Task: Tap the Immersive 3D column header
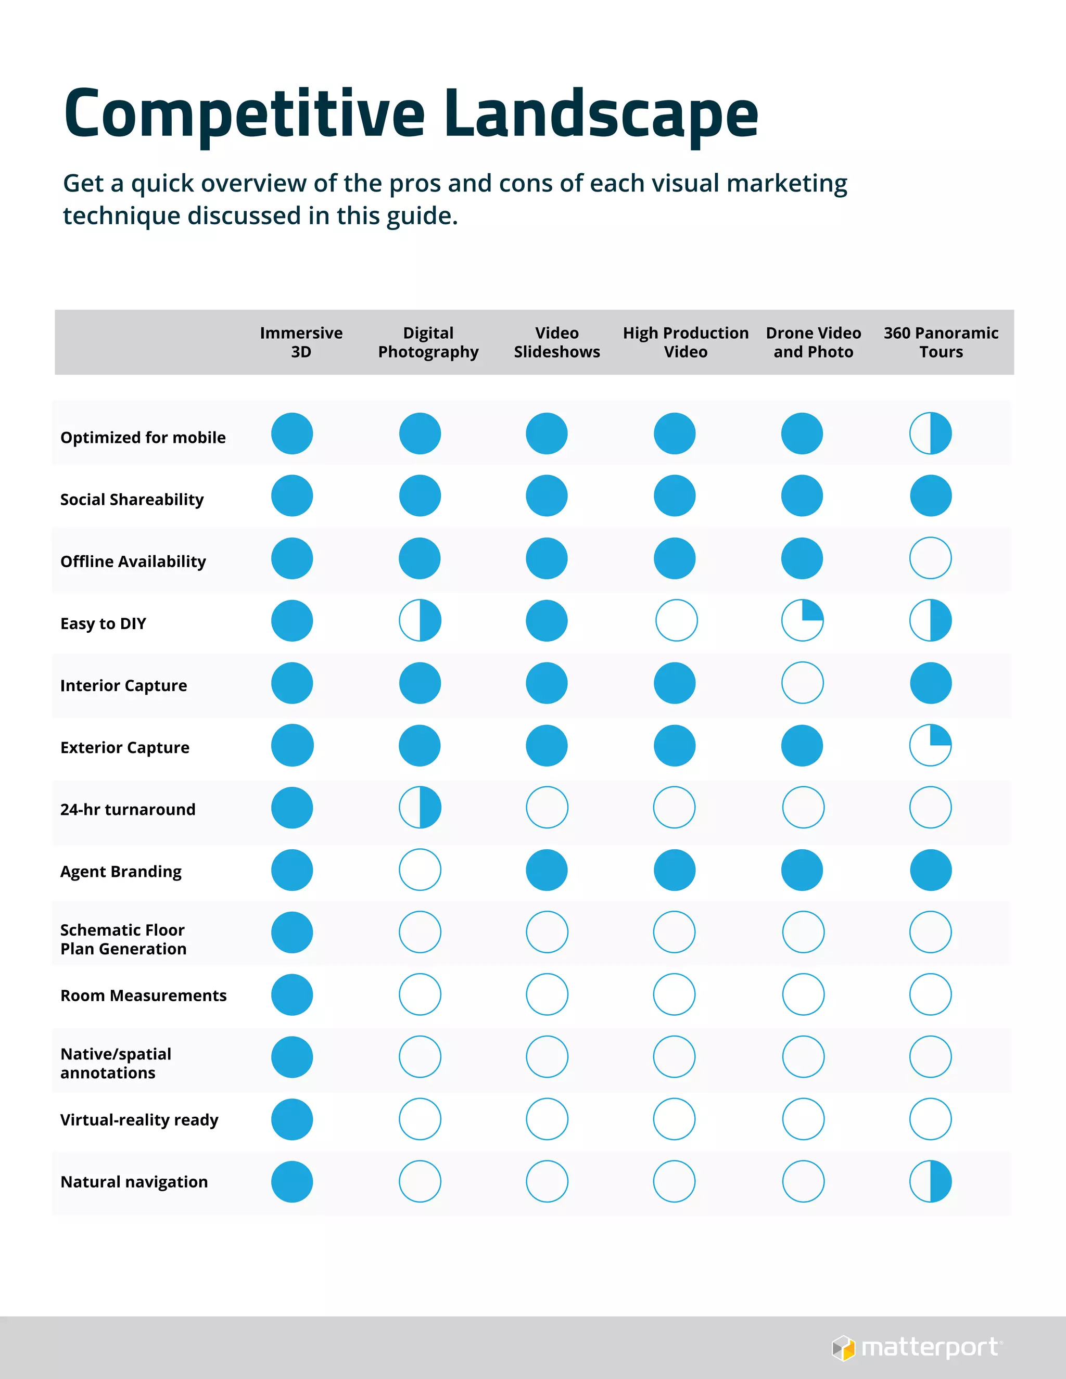click(x=301, y=342)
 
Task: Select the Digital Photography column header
click(x=428, y=342)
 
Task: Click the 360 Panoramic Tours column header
click(x=941, y=342)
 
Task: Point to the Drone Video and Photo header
click(x=814, y=342)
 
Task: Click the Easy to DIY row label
click(x=103, y=624)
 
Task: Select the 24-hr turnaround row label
click(x=128, y=810)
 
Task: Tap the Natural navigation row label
click(x=134, y=1182)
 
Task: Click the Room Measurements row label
click(x=143, y=995)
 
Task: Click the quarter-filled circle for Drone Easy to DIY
click(x=803, y=620)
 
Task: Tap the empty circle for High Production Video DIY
click(x=676, y=620)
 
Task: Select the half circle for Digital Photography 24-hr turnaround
click(x=420, y=808)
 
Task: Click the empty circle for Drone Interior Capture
click(x=803, y=683)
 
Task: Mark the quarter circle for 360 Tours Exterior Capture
click(x=930, y=745)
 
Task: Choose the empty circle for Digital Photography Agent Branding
click(x=420, y=870)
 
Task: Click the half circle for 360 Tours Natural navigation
click(x=930, y=1181)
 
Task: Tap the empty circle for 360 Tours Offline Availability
click(x=930, y=558)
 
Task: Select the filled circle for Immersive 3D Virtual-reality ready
click(x=292, y=1119)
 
